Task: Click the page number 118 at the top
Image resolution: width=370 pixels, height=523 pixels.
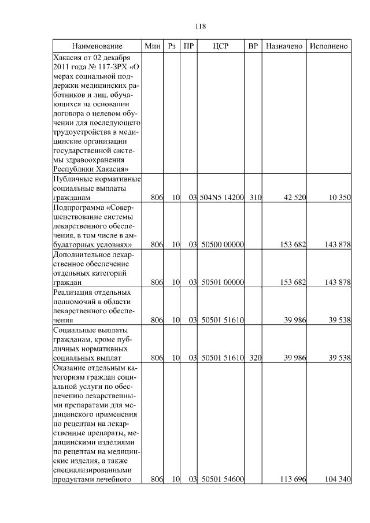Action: pyautogui.click(x=201, y=27)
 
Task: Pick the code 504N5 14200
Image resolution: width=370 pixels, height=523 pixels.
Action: pyautogui.click(x=221, y=198)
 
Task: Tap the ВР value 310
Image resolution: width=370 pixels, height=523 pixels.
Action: pyautogui.click(x=256, y=198)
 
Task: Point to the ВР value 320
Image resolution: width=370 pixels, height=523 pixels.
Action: pyautogui.click(x=256, y=358)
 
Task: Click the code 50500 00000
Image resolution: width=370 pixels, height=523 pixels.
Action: pyautogui.click(x=223, y=245)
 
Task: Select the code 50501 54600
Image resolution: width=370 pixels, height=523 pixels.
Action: pyautogui.click(x=223, y=479)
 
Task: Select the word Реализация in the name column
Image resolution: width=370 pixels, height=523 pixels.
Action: pyautogui.click(x=73, y=292)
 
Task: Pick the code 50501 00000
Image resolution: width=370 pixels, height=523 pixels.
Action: pyautogui.click(x=223, y=283)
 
